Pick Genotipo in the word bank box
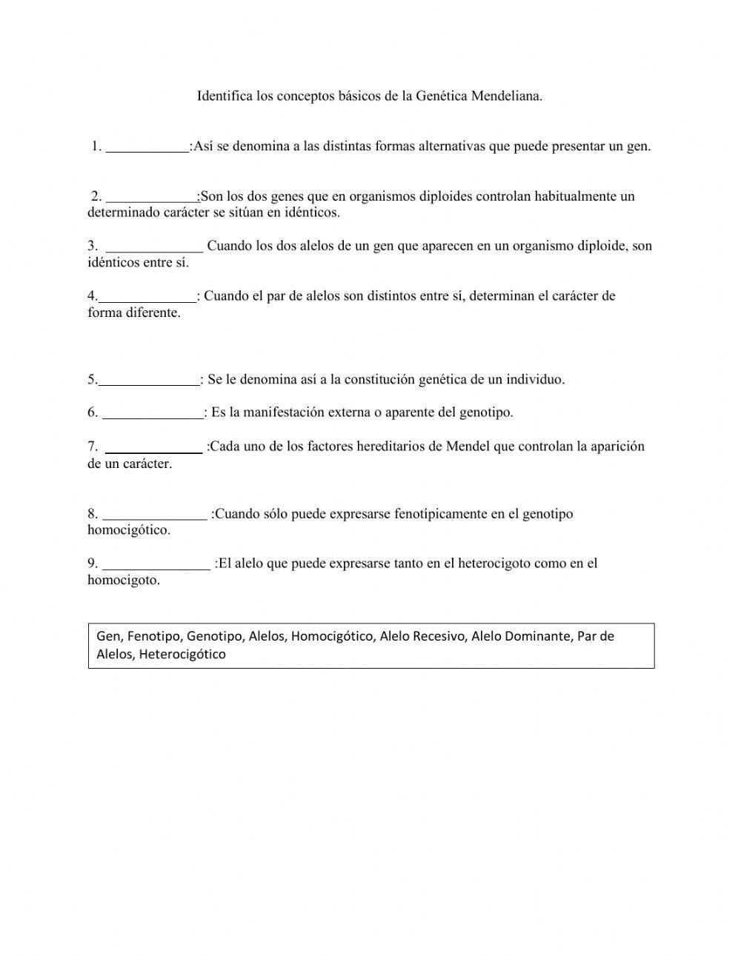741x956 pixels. pos(214,636)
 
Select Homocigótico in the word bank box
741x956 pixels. pos(332,636)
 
